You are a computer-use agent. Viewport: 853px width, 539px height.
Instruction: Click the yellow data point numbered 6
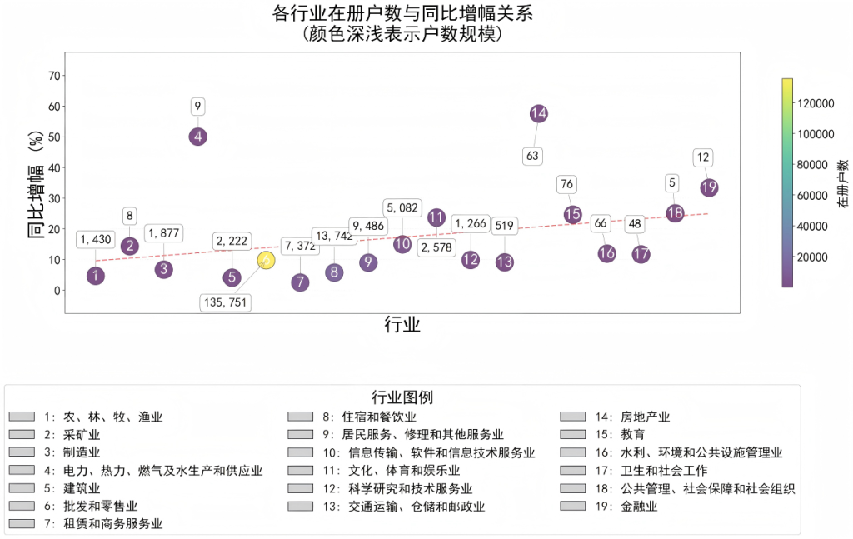click(266, 261)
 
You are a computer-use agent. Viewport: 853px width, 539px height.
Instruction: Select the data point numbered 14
click(538, 113)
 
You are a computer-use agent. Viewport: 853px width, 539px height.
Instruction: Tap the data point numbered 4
click(197, 137)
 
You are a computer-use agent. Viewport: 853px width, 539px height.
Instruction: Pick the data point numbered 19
click(709, 187)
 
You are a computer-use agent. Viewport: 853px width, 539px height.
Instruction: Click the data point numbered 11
click(436, 217)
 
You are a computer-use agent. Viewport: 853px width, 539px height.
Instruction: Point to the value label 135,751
click(225, 302)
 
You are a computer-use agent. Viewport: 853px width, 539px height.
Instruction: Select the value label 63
click(533, 156)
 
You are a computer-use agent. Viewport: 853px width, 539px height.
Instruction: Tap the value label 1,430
click(96, 240)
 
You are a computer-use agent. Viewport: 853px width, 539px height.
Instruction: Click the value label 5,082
click(402, 207)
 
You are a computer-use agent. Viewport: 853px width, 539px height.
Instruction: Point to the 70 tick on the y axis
click(55, 76)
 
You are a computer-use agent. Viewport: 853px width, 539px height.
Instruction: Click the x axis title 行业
click(402, 325)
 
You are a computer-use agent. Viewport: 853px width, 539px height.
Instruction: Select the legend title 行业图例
click(402, 397)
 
